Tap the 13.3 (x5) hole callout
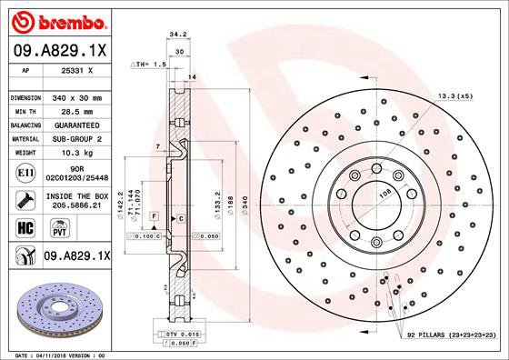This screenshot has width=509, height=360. click(454, 94)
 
